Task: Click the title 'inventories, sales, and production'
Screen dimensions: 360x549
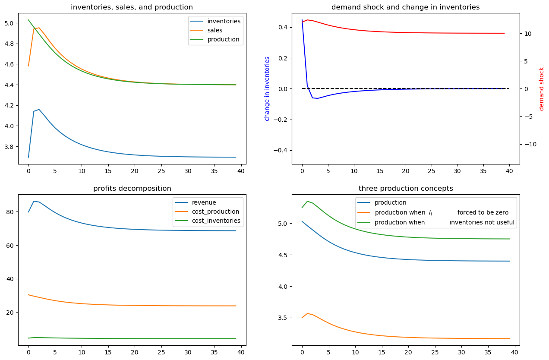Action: pos(132,7)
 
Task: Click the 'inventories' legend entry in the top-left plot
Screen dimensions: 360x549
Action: pos(224,21)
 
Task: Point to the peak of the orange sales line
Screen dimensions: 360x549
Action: pos(39,28)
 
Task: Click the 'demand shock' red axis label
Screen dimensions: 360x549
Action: pos(542,88)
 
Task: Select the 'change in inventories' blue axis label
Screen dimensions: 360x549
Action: pos(267,88)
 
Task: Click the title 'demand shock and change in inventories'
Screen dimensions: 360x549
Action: pos(405,7)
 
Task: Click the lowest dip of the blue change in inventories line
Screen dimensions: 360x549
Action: pos(318,98)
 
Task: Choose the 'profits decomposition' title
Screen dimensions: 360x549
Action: pos(132,188)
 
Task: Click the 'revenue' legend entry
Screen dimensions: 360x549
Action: pos(204,202)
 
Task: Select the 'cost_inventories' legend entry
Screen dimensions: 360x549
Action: pos(217,221)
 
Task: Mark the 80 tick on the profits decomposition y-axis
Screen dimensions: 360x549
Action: pos(11,212)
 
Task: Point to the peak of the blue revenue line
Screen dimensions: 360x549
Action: pos(34,201)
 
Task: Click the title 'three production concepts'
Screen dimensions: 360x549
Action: pos(406,188)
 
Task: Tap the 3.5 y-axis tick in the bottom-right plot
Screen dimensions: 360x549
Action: pos(284,318)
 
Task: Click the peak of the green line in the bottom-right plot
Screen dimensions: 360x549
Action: pos(307,201)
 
